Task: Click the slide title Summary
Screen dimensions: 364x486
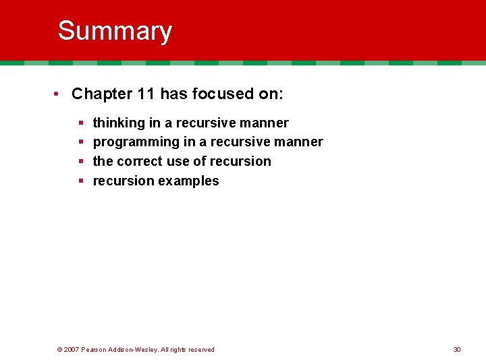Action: coord(115,31)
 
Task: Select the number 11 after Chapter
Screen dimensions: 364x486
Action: coord(146,94)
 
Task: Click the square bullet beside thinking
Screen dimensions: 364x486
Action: coord(80,123)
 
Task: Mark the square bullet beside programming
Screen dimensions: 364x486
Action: coord(80,142)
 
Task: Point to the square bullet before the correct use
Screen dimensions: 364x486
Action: coord(80,162)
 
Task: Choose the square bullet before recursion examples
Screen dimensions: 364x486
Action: coord(80,181)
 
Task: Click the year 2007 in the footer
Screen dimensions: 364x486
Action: coord(72,349)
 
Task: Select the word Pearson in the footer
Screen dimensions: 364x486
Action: coord(94,349)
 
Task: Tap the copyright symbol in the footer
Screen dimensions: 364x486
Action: coord(60,349)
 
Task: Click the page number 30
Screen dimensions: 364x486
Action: coord(457,349)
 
